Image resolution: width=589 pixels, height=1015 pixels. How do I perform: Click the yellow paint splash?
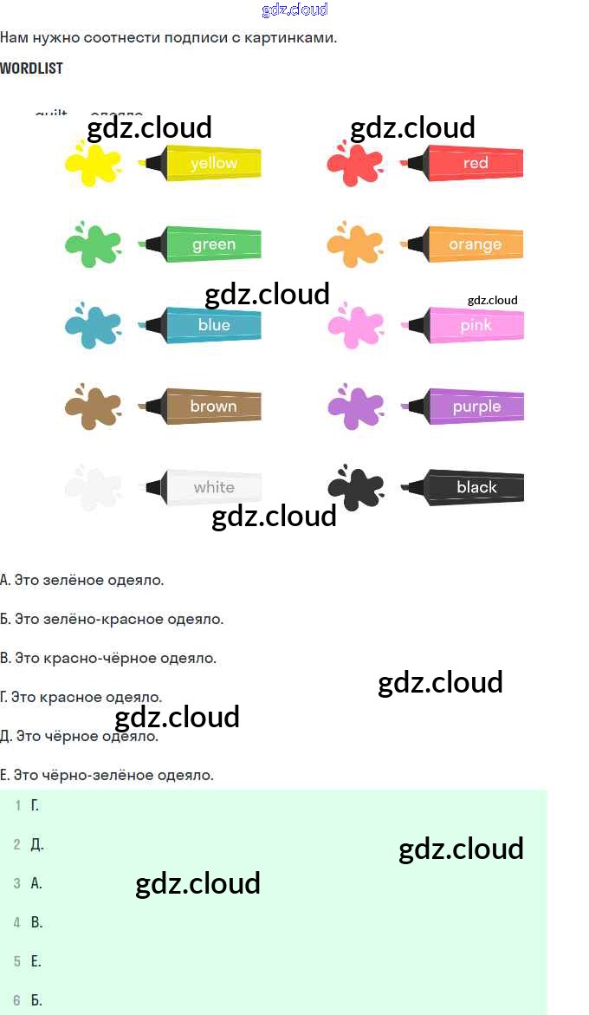(93, 163)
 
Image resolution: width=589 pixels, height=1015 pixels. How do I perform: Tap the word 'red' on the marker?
(476, 163)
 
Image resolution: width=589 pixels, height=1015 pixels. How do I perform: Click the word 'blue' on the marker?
(214, 325)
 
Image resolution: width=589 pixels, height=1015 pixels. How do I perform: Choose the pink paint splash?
(354, 326)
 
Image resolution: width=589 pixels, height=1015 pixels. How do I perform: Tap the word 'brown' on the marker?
(213, 406)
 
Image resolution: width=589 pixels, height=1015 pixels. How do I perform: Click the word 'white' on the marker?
(214, 487)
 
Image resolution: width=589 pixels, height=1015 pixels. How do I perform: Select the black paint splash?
(356, 488)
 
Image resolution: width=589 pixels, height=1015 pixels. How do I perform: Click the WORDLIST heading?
(31, 68)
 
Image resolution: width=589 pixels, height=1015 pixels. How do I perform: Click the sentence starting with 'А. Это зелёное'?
(82, 580)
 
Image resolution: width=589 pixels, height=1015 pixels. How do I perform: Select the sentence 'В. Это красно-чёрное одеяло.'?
(108, 658)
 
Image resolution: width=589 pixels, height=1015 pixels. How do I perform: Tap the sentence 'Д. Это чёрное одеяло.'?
(80, 737)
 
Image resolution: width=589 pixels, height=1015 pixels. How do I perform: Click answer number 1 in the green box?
(17, 806)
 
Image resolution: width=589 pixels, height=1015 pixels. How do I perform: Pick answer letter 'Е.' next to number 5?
(36, 961)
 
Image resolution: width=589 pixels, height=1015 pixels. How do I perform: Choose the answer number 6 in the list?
(17, 1000)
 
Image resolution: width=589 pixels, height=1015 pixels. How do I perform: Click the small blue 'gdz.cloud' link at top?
(294, 10)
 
